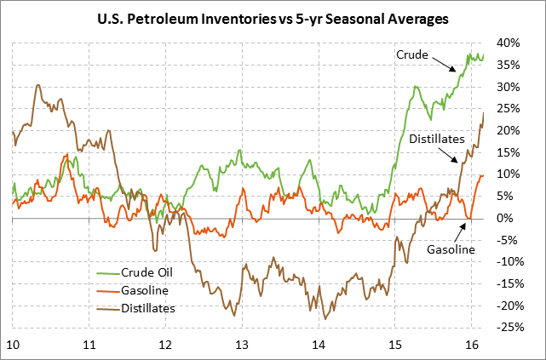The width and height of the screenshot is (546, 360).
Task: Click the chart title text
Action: coord(273,16)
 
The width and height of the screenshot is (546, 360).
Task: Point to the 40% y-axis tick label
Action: coord(509,43)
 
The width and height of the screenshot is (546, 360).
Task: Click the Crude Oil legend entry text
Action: coord(150,274)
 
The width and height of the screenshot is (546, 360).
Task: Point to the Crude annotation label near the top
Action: coord(412,54)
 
